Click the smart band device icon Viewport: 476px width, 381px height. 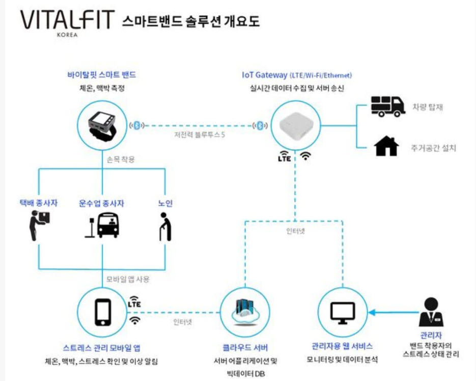103,125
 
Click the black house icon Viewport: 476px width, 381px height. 386,147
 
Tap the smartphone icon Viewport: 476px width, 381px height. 103,312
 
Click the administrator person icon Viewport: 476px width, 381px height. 430,312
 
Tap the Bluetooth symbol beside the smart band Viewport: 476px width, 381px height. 137,125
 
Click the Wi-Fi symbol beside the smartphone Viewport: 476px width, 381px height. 135,320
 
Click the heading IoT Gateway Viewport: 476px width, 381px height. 264,75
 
